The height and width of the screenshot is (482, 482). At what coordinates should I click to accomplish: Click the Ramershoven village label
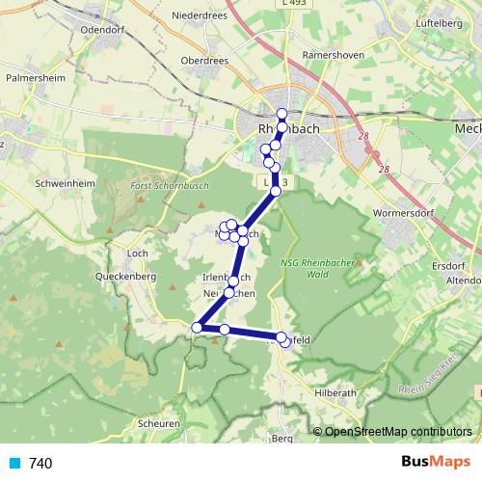[334, 55]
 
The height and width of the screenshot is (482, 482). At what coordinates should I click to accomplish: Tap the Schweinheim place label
[66, 181]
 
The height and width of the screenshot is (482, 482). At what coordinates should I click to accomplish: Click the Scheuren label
[159, 422]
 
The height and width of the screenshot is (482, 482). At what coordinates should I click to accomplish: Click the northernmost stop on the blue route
[281, 114]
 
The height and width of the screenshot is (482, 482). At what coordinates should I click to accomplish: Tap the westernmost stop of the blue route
[197, 328]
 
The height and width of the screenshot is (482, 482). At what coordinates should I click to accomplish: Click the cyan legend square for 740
[14, 464]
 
